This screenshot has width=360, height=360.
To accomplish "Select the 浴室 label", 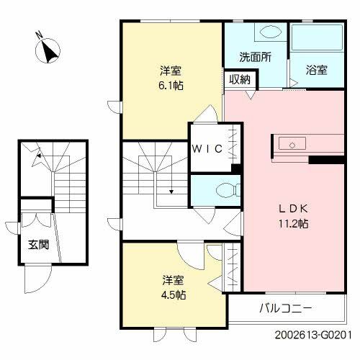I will pos(317,70).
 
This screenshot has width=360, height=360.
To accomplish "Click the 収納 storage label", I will pos(240,80).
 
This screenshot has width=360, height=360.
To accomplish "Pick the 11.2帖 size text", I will pos(294,223).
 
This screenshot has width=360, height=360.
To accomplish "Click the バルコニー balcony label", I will pos(286,309).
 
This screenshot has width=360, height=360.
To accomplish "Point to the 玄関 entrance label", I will pos(39,245).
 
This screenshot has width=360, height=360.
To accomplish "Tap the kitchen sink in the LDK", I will pos(289,142).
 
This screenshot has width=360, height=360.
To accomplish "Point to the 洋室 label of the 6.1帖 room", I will pos(170,71).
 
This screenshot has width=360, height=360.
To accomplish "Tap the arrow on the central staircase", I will pos(171,192).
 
